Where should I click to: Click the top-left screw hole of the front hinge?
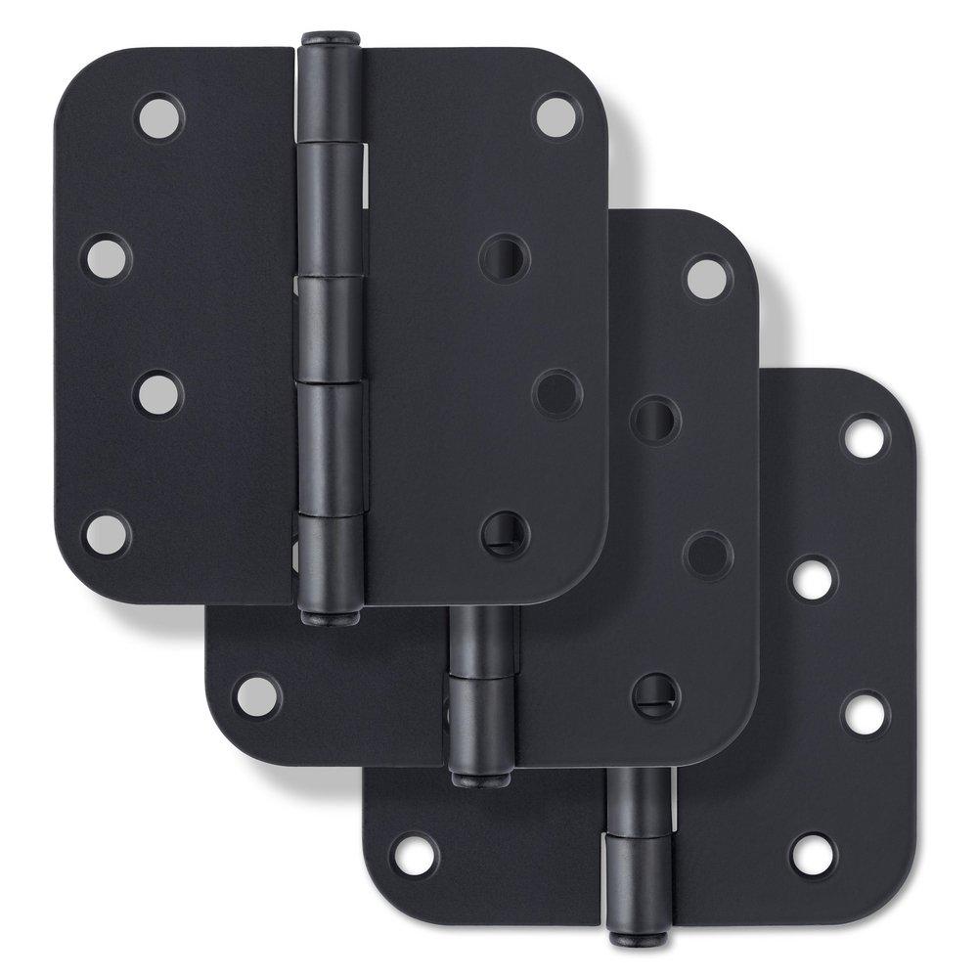(157, 116)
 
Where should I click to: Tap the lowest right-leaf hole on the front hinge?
(506, 533)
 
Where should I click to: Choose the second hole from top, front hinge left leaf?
(106, 256)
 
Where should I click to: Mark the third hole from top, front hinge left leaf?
(158, 394)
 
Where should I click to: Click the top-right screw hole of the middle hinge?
(707, 277)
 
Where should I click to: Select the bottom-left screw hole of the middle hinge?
(255, 693)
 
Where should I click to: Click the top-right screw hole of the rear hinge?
(866, 436)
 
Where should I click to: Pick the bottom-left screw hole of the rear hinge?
(414, 854)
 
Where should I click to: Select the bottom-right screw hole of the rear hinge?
(813, 854)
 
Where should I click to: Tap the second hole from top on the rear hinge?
(813, 577)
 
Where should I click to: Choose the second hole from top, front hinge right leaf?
(506, 257)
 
